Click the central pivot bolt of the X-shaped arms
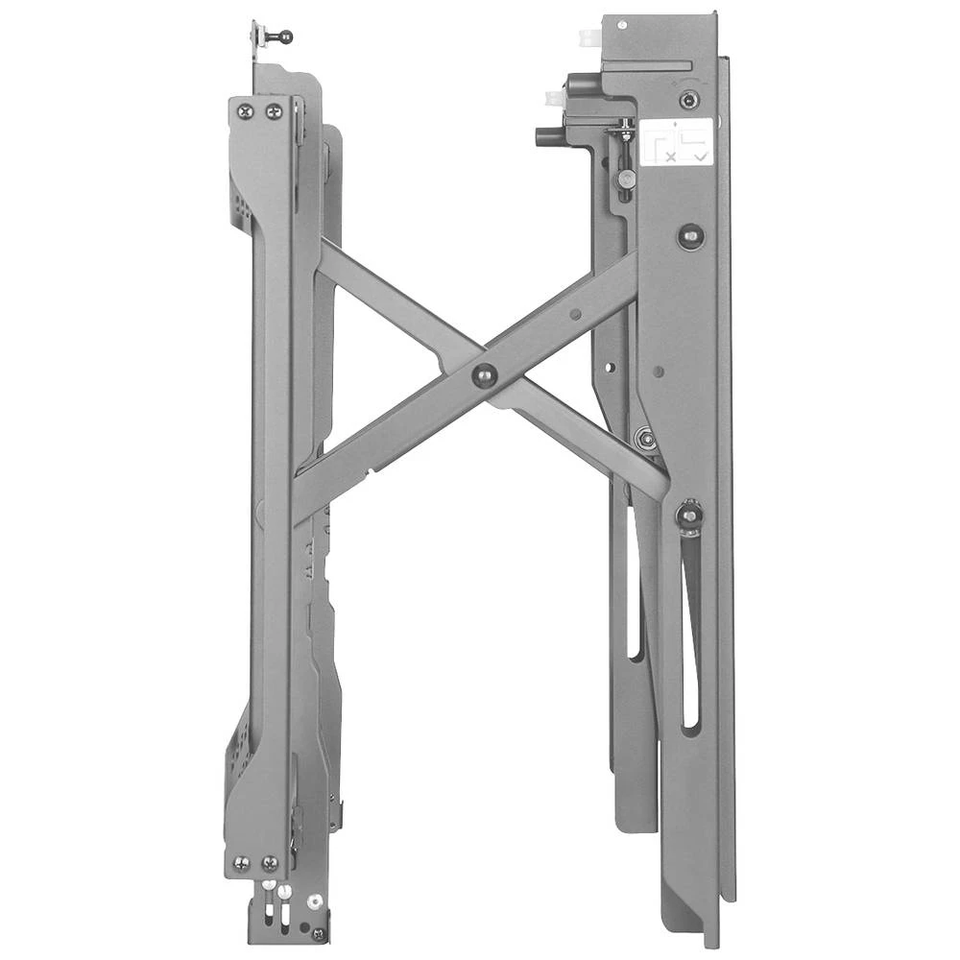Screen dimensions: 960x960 tap(484, 375)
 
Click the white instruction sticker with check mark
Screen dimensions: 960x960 tap(677, 142)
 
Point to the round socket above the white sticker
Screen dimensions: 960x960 tap(687, 100)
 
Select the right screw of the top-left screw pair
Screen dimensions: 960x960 tap(274, 111)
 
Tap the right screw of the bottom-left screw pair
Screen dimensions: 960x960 tap(270, 863)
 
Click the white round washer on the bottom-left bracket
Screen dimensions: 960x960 tap(314, 901)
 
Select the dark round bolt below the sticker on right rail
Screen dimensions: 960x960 tap(688, 235)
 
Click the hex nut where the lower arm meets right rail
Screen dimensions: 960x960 tap(644, 438)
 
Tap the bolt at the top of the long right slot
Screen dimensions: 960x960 tap(688, 515)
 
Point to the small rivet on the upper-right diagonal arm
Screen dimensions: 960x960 tap(574, 313)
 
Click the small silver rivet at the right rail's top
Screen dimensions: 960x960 tap(623, 23)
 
